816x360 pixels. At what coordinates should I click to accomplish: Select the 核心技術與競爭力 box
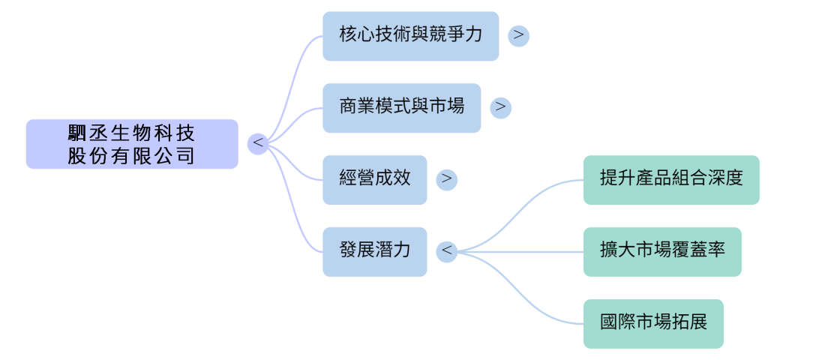coord(410,36)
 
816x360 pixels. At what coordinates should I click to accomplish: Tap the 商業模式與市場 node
coord(401,108)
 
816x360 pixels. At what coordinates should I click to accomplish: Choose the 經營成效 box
coord(374,180)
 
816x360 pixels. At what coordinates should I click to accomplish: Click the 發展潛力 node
coord(374,252)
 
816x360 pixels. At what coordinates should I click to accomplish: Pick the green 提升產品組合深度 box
coord(671,180)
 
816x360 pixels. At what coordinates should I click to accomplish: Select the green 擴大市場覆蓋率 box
coord(662,252)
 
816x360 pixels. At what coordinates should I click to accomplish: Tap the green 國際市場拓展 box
coord(653,324)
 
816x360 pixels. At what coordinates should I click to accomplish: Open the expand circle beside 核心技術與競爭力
coord(518,36)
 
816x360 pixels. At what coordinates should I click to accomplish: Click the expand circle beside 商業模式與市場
coord(500,108)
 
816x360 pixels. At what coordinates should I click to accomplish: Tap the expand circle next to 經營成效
coord(446,180)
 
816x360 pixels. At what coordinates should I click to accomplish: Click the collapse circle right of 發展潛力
coord(447,252)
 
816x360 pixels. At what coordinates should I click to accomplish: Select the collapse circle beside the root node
coord(258,144)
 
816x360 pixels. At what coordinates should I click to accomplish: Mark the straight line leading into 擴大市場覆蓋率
coord(525,252)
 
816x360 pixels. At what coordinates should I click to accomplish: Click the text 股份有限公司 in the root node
coord(132,156)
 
